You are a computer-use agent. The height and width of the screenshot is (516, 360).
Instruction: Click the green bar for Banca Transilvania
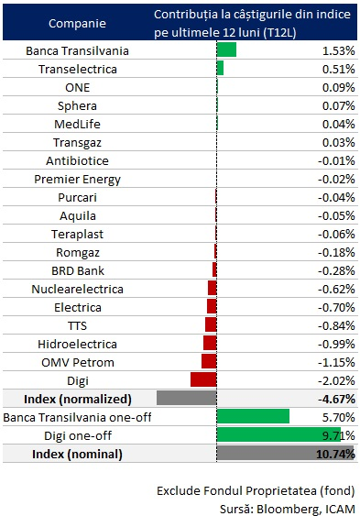click(x=226, y=49)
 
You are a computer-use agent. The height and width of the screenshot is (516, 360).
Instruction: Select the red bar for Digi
click(x=203, y=379)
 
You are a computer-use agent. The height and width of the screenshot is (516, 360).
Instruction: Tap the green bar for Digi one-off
click(x=278, y=434)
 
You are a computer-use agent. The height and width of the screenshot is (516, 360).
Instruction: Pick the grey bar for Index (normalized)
click(x=187, y=398)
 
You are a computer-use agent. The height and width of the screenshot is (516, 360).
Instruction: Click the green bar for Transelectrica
click(x=220, y=68)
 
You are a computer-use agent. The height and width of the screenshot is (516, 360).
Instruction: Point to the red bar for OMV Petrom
click(x=209, y=361)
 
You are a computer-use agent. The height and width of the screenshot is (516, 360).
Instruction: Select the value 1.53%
click(x=338, y=50)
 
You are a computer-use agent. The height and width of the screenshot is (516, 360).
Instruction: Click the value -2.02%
click(x=336, y=380)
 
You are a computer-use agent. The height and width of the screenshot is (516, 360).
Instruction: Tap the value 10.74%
click(x=335, y=454)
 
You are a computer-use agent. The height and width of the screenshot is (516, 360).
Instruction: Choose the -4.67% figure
click(x=336, y=400)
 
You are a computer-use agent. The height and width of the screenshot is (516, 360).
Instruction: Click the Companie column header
click(x=77, y=23)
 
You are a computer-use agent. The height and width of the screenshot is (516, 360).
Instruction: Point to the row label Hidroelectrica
click(x=77, y=345)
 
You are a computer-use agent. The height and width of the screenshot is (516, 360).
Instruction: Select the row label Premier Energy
click(x=77, y=180)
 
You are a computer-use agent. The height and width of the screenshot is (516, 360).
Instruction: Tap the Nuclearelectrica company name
click(x=77, y=290)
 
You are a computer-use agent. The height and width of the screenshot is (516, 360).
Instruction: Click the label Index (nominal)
click(x=77, y=454)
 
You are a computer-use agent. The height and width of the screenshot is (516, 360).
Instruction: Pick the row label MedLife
click(x=77, y=124)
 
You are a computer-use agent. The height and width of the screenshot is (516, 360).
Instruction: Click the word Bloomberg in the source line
click(x=283, y=509)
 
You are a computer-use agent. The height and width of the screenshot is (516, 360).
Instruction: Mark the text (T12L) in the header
click(x=279, y=33)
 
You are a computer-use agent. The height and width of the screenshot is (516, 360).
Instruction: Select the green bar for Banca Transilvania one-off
click(x=253, y=416)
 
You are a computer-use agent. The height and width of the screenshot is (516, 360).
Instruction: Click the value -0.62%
click(x=336, y=290)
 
